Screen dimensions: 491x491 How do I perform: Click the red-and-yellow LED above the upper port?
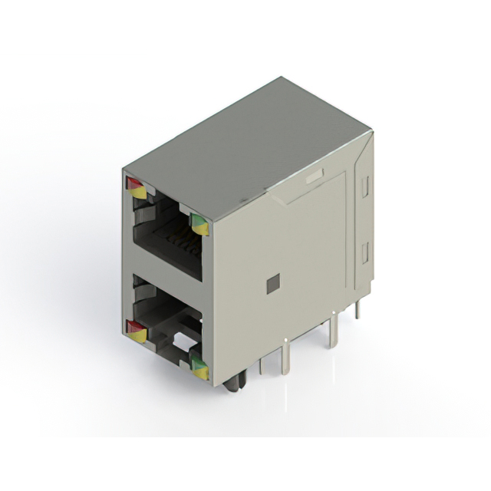click(x=136, y=187)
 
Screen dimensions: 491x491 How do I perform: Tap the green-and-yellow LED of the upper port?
click(x=199, y=224)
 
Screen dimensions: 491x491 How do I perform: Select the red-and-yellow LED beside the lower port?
click(x=136, y=331)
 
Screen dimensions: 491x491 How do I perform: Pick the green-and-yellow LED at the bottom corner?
click(x=199, y=367)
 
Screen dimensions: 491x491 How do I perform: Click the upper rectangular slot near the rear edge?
click(x=366, y=184)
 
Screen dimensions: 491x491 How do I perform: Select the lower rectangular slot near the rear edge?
click(x=365, y=250)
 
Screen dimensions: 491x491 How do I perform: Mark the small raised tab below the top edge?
click(x=312, y=177)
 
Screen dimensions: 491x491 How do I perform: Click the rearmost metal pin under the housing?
click(x=357, y=309)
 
